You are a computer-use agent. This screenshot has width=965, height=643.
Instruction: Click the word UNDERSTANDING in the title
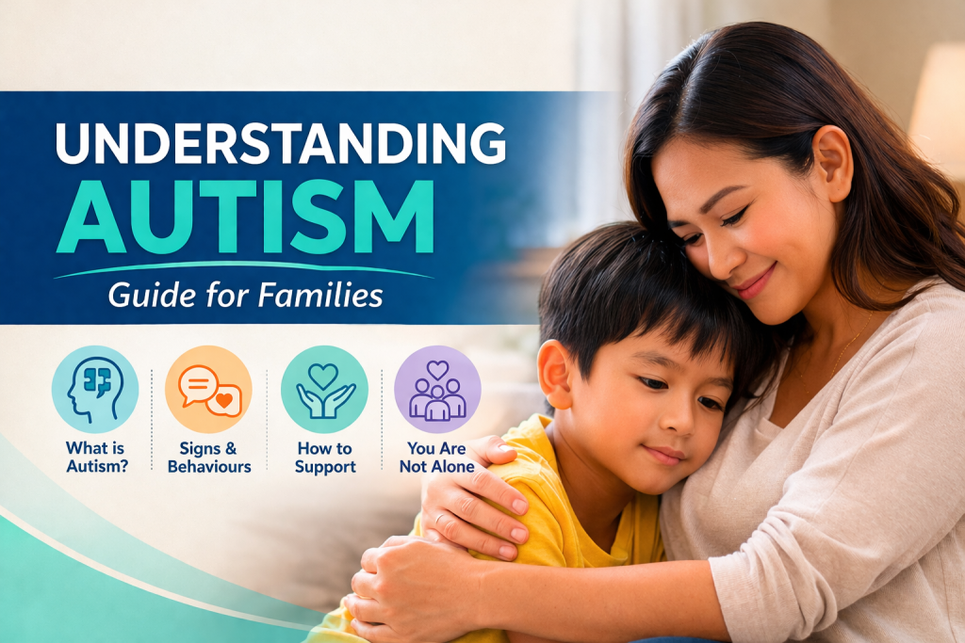coord(281,143)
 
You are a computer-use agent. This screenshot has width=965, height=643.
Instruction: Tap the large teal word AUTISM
coord(246,217)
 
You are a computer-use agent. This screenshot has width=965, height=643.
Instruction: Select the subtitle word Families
coord(320,295)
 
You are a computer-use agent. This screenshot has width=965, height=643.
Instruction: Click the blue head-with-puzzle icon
coord(95,389)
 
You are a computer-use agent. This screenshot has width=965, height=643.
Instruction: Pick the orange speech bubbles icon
coord(208,389)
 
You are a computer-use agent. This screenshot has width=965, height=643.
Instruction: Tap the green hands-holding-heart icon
coord(324,389)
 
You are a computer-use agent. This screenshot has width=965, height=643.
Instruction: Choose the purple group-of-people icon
coord(437,389)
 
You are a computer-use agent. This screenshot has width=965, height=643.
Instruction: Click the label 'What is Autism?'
coord(97,457)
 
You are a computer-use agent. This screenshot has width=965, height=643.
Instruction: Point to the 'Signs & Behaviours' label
coord(209,457)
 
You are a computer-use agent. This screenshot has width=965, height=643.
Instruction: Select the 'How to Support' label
coord(325,458)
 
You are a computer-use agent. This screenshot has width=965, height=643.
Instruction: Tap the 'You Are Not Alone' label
coord(437,457)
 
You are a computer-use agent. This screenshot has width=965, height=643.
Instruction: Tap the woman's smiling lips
coord(753,282)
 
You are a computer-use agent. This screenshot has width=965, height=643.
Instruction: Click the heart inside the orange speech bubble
coord(224,400)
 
